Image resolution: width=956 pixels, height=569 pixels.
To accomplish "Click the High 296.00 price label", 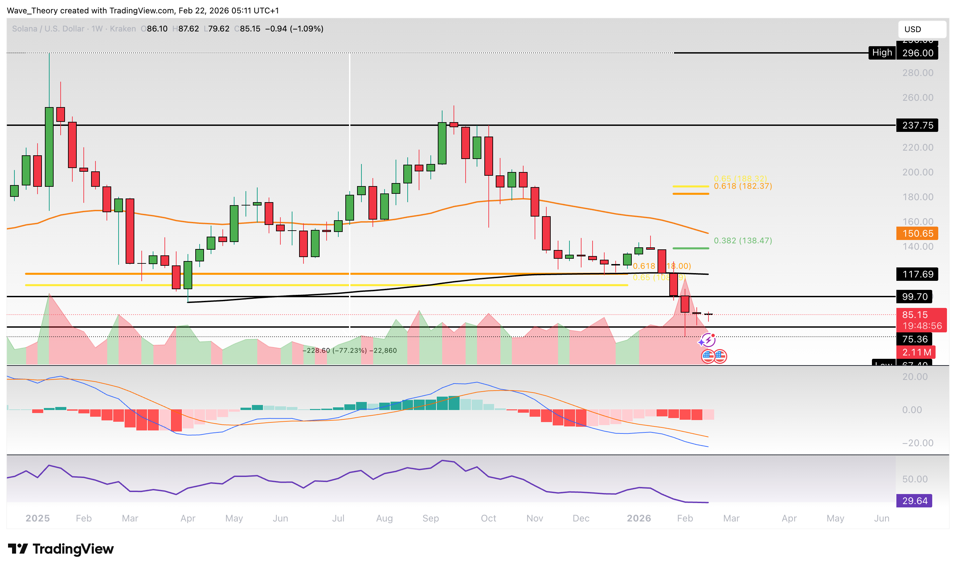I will [x=903, y=53].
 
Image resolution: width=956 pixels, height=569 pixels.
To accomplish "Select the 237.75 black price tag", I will [x=917, y=126].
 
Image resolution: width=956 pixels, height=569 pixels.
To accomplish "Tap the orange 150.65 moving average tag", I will [x=917, y=234].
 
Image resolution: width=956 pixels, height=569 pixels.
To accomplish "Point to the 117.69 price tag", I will [x=917, y=274].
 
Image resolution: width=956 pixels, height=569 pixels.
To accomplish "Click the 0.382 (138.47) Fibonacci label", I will [x=743, y=241].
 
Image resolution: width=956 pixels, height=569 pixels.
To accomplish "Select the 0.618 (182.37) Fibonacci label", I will [x=743, y=186].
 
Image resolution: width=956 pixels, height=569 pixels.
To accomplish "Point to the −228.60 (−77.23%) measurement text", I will [x=349, y=351].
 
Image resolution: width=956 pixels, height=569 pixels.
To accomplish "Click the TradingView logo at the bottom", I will [x=61, y=549].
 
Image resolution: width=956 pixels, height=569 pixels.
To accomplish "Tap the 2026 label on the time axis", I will [x=639, y=519].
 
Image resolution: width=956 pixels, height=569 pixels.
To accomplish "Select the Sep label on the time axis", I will [x=430, y=519].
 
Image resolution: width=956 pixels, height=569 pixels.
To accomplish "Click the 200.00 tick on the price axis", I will [x=917, y=172].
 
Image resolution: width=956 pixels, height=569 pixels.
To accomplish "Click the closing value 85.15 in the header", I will [x=250, y=29].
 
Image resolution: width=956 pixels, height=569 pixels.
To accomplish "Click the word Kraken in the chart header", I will [x=123, y=29].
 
